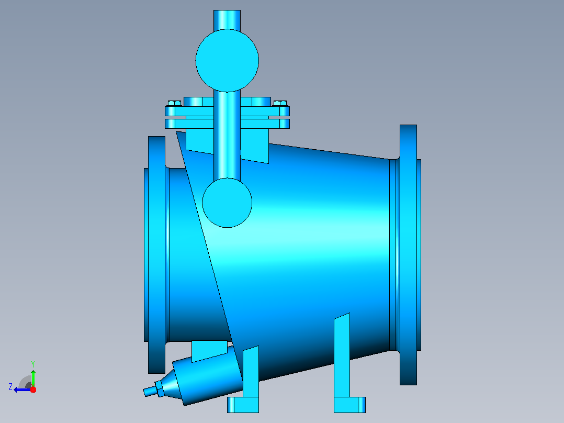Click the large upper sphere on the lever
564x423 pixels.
point(227,61)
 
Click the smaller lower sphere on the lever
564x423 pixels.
point(227,203)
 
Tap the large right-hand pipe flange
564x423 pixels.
point(408,255)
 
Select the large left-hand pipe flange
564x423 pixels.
point(156,255)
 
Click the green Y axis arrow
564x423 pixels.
point(33,379)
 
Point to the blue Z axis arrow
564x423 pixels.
point(22,389)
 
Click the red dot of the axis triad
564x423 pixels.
point(33,389)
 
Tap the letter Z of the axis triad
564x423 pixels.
point(10,387)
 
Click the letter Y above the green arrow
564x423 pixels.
point(33,364)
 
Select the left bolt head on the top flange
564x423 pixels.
point(174,103)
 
